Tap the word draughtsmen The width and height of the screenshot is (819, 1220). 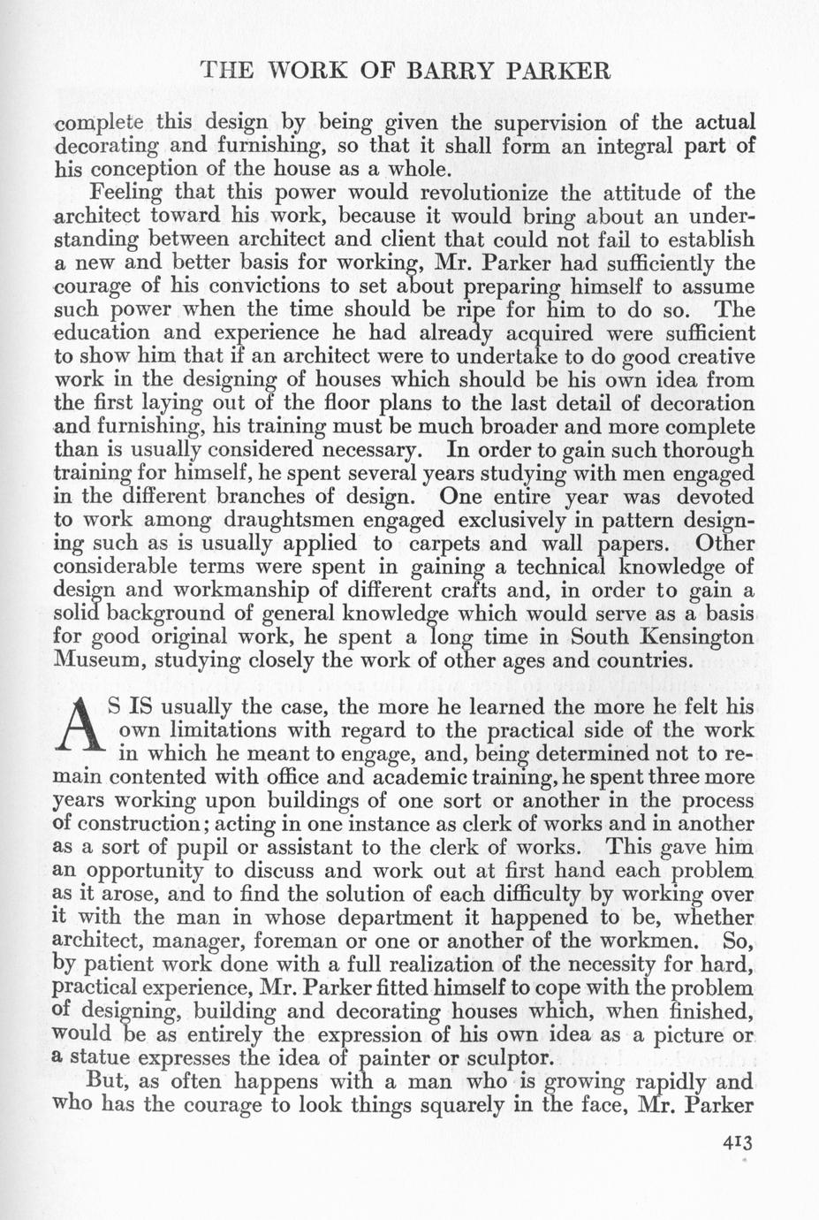276,520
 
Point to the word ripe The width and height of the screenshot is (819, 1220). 474,310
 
